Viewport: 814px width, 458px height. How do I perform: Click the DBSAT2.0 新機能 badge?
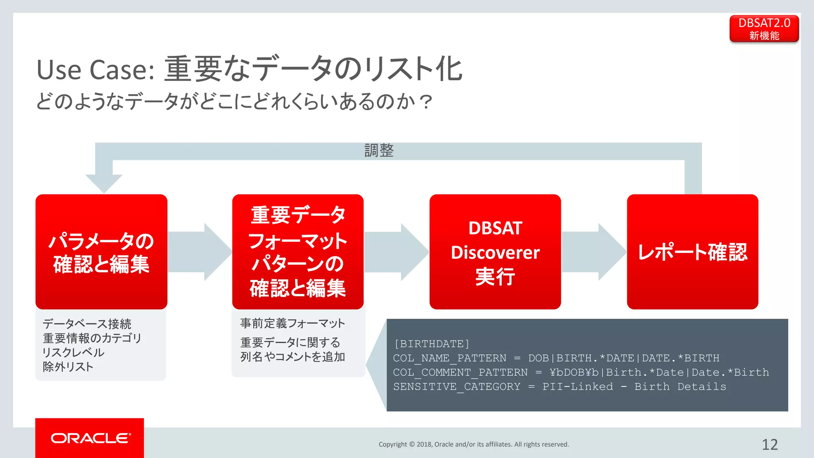pos(764,29)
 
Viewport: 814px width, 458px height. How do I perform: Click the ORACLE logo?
pos(90,438)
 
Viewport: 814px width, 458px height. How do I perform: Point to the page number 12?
pos(769,444)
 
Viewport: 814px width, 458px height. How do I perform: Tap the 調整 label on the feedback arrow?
pos(379,151)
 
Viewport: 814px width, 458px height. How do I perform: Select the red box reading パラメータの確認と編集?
pos(101,252)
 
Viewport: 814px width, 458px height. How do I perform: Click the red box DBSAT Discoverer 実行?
pos(495,252)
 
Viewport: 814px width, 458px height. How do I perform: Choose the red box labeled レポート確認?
pos(692,252)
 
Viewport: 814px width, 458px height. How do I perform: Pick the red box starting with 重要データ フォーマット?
pos(298,252)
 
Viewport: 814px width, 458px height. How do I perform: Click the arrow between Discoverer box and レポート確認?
pos(594,252)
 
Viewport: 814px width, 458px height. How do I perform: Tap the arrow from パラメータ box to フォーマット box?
pos(200,252)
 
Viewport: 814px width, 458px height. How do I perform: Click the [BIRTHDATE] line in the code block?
pos(432,343)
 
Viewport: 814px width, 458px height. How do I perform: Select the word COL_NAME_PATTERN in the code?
pos(450,358)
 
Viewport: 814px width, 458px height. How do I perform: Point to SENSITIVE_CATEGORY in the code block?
pos(456,386)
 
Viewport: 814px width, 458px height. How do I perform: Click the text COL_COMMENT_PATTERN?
pos(460,372)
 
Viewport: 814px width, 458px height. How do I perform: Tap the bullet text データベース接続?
pos(87,324)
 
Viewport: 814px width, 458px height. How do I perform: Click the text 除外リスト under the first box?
pos(68,367)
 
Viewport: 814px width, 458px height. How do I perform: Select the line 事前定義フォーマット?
pos(293,323)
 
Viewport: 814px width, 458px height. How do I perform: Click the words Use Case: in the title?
pos(95,70)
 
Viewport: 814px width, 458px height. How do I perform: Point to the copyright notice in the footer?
pos(474,444)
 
